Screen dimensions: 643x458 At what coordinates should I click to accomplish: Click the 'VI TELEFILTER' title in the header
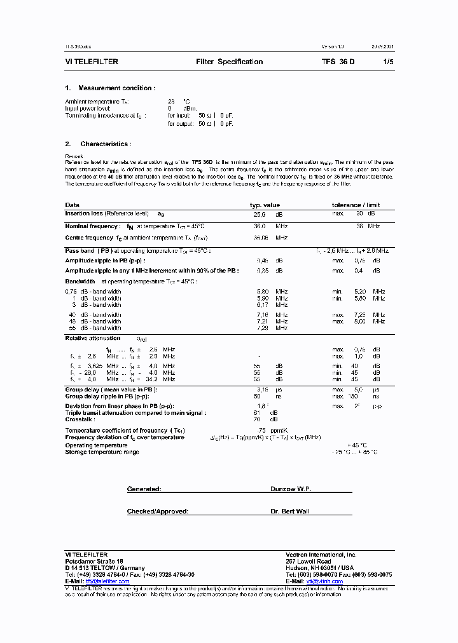coord(92,62)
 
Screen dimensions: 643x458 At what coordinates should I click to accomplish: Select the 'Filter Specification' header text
coord(229,62)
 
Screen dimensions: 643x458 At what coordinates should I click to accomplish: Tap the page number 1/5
coord(388,62)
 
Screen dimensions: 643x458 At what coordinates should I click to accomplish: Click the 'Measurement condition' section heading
coord(116,88)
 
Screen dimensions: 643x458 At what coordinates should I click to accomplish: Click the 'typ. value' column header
coord(264,205)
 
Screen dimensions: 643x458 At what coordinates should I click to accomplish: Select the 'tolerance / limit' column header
coord(356,205)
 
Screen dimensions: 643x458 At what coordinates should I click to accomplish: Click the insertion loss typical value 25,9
coord(260,215)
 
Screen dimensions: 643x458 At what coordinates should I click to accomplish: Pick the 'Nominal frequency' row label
coord(92,226)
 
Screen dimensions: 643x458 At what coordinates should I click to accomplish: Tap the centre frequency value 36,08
coord(261,238)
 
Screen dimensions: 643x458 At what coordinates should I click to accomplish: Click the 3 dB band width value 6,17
coord(261,304)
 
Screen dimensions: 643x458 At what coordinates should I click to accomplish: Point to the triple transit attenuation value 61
coord(256,413)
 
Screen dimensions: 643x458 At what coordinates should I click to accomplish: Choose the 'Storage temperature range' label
coord(102,452)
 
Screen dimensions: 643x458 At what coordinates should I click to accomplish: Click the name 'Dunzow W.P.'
coord(290,489)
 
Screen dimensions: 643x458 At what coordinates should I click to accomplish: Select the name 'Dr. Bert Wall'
coord(289,511)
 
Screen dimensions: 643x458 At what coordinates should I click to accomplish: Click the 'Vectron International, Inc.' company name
coord(321,555)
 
